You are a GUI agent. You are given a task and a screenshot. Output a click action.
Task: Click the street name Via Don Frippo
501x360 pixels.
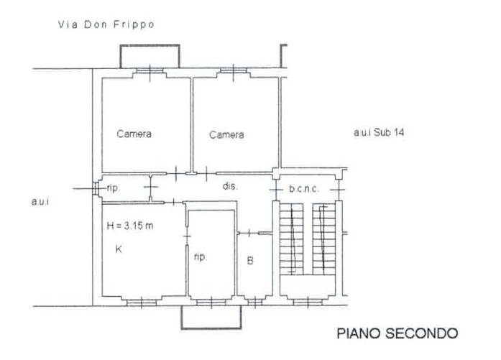click(106, 24)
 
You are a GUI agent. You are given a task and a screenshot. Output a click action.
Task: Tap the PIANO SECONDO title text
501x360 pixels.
click(397, 333)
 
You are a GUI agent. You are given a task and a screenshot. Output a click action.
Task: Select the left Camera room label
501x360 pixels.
click(134, 134)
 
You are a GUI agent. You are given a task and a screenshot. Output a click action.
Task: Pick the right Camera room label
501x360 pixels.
click(226, 134)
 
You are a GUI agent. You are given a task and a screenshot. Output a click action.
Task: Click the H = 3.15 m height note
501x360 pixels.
click(130, 226)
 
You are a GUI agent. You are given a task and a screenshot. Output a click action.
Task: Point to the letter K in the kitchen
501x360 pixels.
click(119, 249)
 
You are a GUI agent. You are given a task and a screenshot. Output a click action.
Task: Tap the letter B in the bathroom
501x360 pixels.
click(250, 261)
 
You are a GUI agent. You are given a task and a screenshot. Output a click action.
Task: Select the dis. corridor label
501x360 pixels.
click(230, 186)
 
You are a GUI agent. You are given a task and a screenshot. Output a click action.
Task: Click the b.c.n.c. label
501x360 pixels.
click(304, 189)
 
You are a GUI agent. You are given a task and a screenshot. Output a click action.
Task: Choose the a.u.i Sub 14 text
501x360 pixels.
click(379, 132)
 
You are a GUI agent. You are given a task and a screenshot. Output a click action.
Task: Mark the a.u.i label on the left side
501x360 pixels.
click(40, 202)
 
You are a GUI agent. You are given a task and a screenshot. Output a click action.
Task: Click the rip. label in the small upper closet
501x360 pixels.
click(113, 188)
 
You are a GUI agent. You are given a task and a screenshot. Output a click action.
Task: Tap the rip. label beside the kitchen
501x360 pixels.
click(201, 257)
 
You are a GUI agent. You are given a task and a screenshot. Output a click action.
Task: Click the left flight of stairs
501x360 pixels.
click(291, 239)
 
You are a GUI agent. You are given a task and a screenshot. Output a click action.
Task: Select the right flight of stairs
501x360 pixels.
click(324, 239)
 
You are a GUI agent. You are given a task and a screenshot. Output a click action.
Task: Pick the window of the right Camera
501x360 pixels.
click(233, 70)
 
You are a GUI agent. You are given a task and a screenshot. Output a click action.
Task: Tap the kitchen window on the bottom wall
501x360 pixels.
click(142, 302)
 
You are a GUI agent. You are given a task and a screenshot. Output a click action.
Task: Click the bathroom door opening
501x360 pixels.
click(249, 233)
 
